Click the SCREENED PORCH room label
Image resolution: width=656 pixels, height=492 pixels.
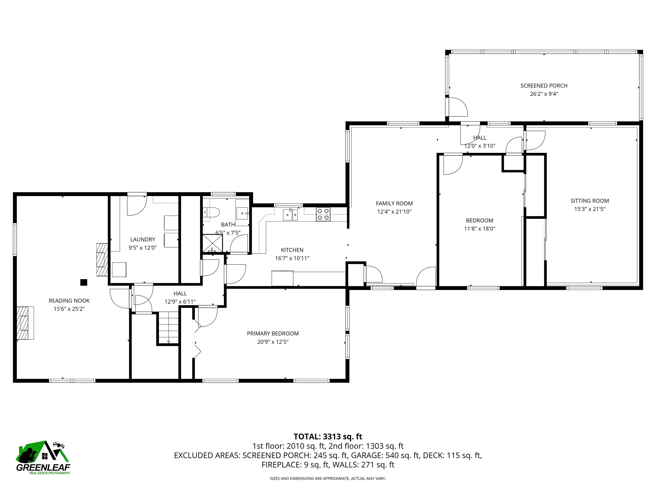(x=544, y=86)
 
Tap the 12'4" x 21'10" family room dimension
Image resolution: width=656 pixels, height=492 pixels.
(x=394, y=212)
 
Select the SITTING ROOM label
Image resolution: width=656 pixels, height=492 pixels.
(x=590, y=201)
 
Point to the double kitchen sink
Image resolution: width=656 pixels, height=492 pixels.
(x=290, y=214)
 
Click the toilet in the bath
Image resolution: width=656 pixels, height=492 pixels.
(x=212, y=212)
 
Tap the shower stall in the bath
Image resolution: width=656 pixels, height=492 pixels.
(x=212, y=243)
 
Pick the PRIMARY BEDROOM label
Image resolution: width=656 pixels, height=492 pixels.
(x=273, y=334)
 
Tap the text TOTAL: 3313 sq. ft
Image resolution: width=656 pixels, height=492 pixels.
(x=328, y=436)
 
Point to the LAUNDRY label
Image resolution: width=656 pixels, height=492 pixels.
(x=143, y=240)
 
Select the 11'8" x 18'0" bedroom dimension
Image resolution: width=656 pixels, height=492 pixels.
(x=480, y=229)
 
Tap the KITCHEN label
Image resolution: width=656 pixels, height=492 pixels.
(x=292, y=250)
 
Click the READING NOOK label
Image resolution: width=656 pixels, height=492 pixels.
(x=69, y=301)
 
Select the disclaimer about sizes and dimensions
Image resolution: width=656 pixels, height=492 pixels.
(x=328, y=478)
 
